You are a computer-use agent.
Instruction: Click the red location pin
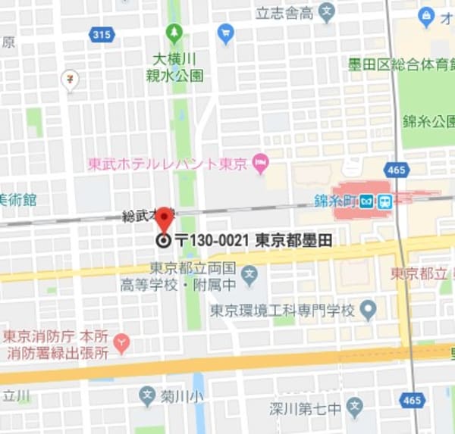[164, 219]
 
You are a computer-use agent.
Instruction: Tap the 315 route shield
[100, 34]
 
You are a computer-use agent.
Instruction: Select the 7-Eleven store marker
[71, 79]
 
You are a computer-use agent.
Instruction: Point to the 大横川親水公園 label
[175, 67]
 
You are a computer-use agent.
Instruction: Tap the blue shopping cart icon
[225, 33]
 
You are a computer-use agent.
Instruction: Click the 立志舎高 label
[284, 12]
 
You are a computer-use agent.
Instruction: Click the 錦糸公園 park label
[428, 121]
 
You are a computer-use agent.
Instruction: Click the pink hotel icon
[261, 162]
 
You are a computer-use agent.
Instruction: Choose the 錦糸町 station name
[334, 201]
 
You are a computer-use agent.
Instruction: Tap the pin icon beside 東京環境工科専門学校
[369, 309]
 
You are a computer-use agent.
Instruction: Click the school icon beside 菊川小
[147, 395]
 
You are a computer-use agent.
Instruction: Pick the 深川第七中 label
[304, 410]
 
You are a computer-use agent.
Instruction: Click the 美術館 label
[17, 200]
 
